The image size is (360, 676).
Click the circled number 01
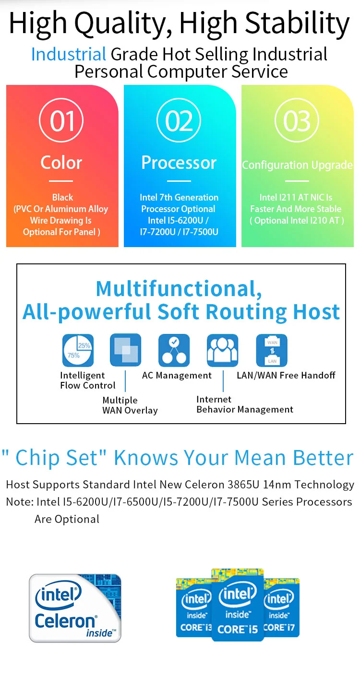[x=61, y=120]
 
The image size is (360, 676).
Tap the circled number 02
[x=179, y=120]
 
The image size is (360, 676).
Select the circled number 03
[x=297, y=120]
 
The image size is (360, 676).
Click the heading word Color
[x=61, y=163]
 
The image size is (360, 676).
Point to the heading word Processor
[x=179, y=163]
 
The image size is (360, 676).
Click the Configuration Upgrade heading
[x=297, y=165]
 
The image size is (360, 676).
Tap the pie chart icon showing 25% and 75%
[x=78, y=350]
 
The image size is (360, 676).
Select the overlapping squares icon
[x=125, y=350]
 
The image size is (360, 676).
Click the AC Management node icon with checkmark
[x=174, y=350]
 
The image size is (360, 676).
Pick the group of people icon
[x=222, y=350]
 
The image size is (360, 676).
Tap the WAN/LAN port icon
[x=272, y=350]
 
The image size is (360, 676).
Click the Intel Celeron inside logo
[x=75, y=608]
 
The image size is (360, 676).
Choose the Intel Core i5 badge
[x=238, y=605]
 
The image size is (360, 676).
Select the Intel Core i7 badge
[x=281, y=607]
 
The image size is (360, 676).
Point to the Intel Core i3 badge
[x=194, y=607]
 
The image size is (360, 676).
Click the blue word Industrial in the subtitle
[x=69, y=54]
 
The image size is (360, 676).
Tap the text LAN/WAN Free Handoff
[x=286, y=375]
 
